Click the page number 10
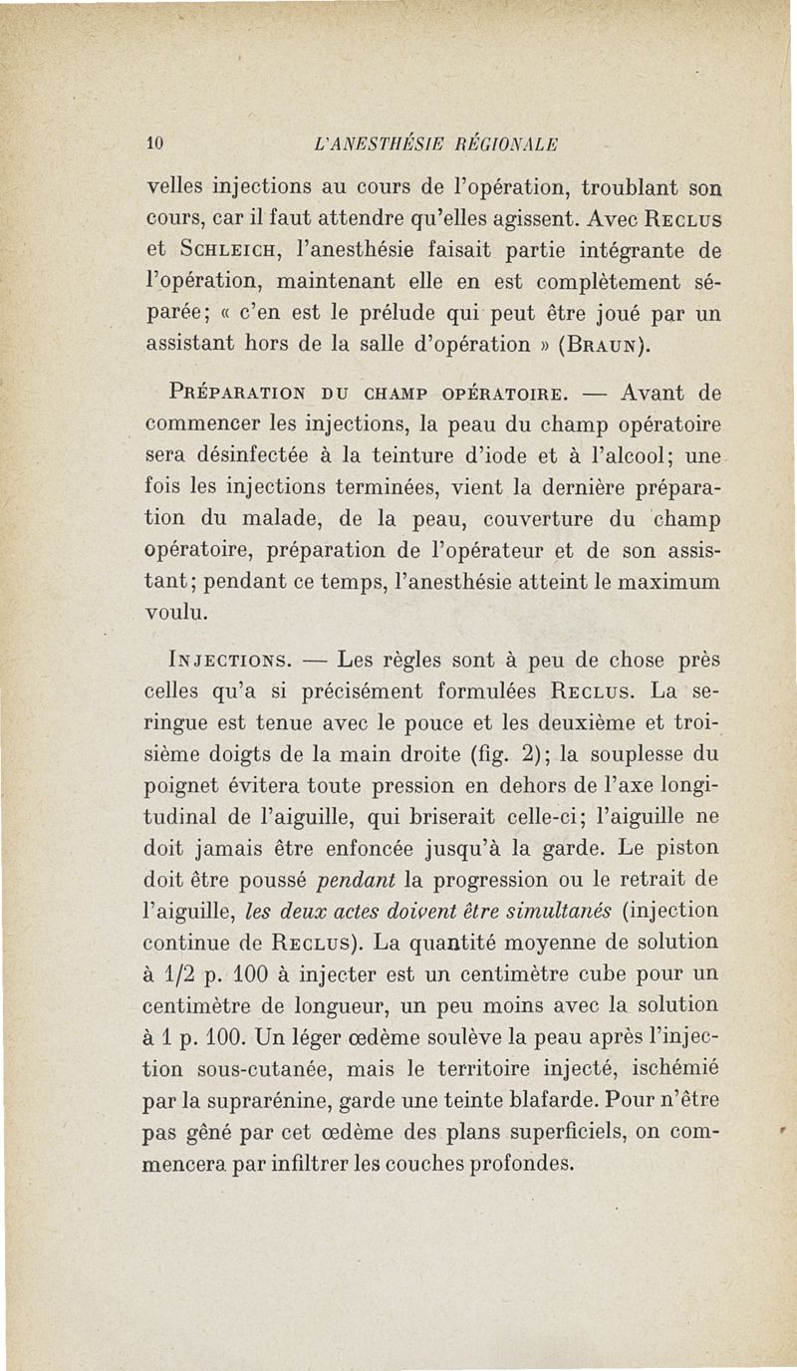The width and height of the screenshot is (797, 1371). tap(154, 140)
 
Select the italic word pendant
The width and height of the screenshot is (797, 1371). tap(356, 881)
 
